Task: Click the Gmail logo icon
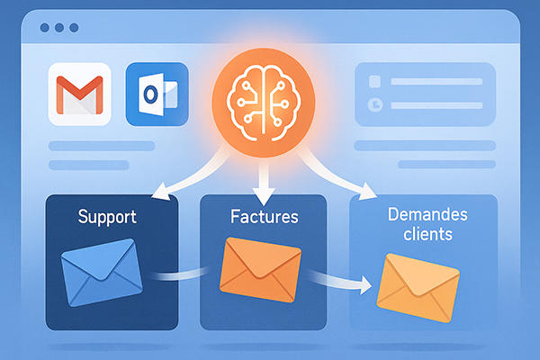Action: (x=76, y=94)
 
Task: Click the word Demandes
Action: (x=422, y=216)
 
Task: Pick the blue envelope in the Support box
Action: (x=101, y=272)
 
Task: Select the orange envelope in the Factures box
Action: (x=260, y=266)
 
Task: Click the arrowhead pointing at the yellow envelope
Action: (x=364, y=287)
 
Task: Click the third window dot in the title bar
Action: (x=73, y=28)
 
